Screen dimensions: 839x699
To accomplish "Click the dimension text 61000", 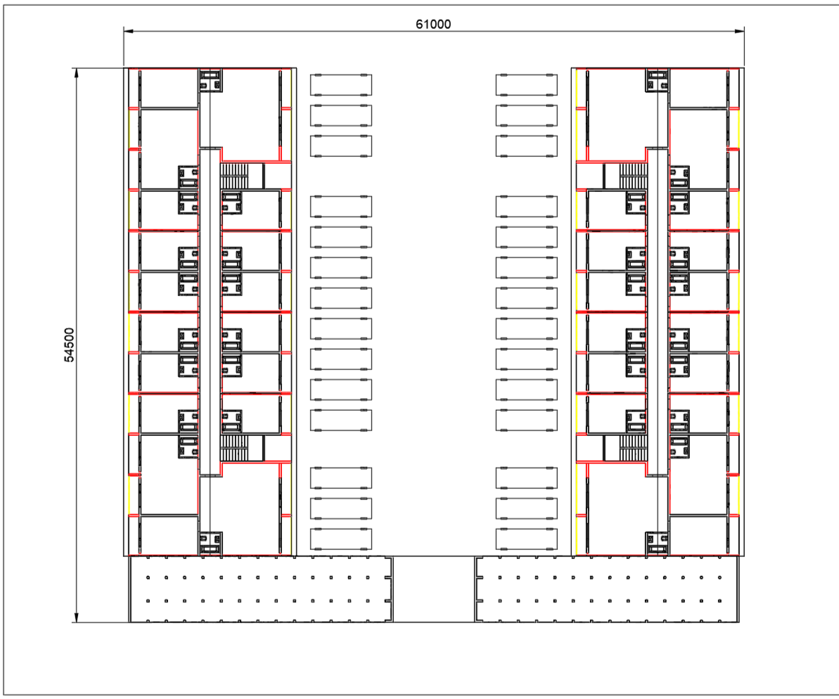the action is pos(433,24).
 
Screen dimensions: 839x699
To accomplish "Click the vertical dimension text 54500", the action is pos(70,345).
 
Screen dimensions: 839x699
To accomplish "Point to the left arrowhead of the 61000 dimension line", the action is pos(129,31).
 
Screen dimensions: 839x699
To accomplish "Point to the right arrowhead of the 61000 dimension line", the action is pos(739,31).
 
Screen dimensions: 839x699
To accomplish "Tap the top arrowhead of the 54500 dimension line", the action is pos(77,73).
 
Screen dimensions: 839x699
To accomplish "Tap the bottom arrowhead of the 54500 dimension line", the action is pos(77,617).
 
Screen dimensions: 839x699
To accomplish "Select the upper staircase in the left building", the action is pos(235,176).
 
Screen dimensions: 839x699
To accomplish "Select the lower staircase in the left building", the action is pos(235,448).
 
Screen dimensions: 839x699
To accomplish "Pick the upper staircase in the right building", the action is pos(634,176).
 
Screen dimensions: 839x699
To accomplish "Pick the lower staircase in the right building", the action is pos(634,448).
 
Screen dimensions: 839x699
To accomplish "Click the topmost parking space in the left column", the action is pos(341,85).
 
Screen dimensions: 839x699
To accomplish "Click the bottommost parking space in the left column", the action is pos(341,539).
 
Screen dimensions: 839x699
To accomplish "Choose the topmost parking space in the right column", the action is pos(527,85).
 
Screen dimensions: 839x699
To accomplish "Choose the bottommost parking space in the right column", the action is pos(527,539).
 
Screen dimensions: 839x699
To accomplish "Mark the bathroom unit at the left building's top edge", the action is pos(211,80).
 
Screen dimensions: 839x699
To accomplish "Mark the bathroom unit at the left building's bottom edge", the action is pos(211,544).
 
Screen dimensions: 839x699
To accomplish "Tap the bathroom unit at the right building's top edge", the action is pos(657,80).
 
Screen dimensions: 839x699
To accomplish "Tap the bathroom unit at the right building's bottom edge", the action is pos(657,544).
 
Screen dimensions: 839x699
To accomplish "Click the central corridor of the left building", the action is pos(210,312).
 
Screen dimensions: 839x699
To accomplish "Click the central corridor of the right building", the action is pos(658,312).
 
